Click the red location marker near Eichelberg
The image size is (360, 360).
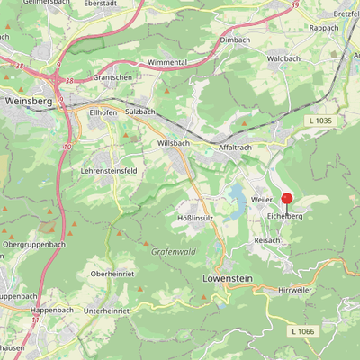click(287, 199)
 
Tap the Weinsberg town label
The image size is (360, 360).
click(28, 102)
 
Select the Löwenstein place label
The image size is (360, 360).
click(231, 279)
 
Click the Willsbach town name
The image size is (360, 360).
click(173, 143)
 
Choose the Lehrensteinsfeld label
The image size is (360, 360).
click(110, 169)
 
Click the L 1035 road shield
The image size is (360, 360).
click(319, 120)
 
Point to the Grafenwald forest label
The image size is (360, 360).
click(173, 252)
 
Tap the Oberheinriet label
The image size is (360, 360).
click(113, 273)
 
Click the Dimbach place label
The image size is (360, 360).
click(234, 40)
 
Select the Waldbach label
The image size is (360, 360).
click(283, 58)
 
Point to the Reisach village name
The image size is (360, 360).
click(268, 241)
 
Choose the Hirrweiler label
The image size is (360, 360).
click(294, 290)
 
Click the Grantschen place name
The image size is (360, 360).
click(112, 78)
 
